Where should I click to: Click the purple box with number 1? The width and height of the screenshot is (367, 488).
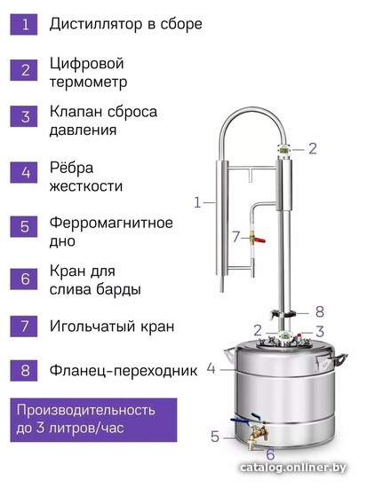point(24,24)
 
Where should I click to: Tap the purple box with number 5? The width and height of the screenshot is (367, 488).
point(24,226)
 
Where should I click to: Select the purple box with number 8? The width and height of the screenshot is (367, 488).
point(24,370)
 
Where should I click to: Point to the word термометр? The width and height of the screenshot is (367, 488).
point(88,82)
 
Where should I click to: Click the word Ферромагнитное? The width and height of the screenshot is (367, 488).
point(111,223)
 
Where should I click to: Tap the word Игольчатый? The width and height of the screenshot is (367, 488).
point(92,327)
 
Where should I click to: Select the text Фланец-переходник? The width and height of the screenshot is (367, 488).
point(124,370)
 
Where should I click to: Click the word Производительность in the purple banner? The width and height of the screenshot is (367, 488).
point(85,411)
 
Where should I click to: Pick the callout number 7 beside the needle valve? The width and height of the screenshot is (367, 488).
point(236,237)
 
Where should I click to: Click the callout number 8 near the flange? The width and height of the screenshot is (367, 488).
point(320,311)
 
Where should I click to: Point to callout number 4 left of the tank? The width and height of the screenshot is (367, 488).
point(211,369)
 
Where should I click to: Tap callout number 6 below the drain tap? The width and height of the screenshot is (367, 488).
point(270,454)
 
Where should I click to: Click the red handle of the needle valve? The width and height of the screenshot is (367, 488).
point(259,240)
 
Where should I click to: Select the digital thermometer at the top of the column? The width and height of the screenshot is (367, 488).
point(284,150)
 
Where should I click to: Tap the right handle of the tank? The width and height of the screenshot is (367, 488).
point(339,358)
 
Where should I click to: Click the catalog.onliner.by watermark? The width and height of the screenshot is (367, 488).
point(293,467)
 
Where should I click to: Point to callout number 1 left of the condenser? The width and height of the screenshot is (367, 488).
point(197,202)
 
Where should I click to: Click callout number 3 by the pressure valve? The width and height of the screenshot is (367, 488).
point(320,332)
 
